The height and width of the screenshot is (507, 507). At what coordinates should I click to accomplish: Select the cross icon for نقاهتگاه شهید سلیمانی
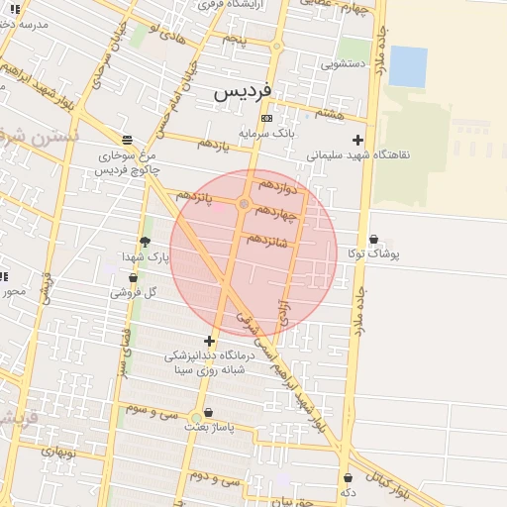click(x=357, y=141)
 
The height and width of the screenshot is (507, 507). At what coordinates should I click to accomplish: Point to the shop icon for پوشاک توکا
click(x=373, y=240)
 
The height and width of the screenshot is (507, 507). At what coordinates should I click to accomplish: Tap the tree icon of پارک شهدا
click(x=146, y=242)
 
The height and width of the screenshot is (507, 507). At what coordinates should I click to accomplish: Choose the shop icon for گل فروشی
click(x=133, y=278)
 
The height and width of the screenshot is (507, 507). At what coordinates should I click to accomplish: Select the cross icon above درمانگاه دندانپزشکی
click(x=208, y=341)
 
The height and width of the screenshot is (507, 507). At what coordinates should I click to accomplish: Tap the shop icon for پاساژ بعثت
click(x=208, y=413)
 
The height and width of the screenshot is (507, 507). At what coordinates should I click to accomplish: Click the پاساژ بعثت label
click(x=208, y=428)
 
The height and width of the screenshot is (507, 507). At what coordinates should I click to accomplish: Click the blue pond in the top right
click(x=408, y=65)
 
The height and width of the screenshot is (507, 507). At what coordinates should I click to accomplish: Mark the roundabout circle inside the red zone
click(x=244, y=204)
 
